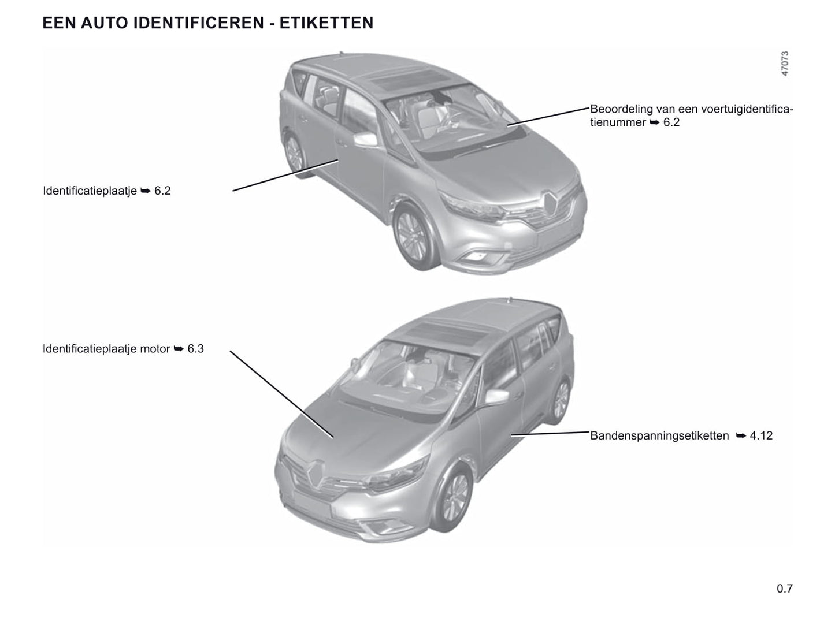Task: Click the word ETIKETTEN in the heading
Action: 326,23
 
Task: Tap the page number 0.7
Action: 785,588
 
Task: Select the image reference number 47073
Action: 785,64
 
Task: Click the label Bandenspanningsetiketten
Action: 659,435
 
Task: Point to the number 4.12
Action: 761,435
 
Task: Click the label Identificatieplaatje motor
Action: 106,348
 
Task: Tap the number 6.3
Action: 195,348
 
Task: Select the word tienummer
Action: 618,122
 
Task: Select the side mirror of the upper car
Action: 365,139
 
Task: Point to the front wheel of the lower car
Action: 452,497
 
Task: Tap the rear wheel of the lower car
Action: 560,400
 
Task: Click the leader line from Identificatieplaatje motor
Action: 281,394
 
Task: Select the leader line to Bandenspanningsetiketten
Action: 550,433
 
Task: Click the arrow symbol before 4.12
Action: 741,436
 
